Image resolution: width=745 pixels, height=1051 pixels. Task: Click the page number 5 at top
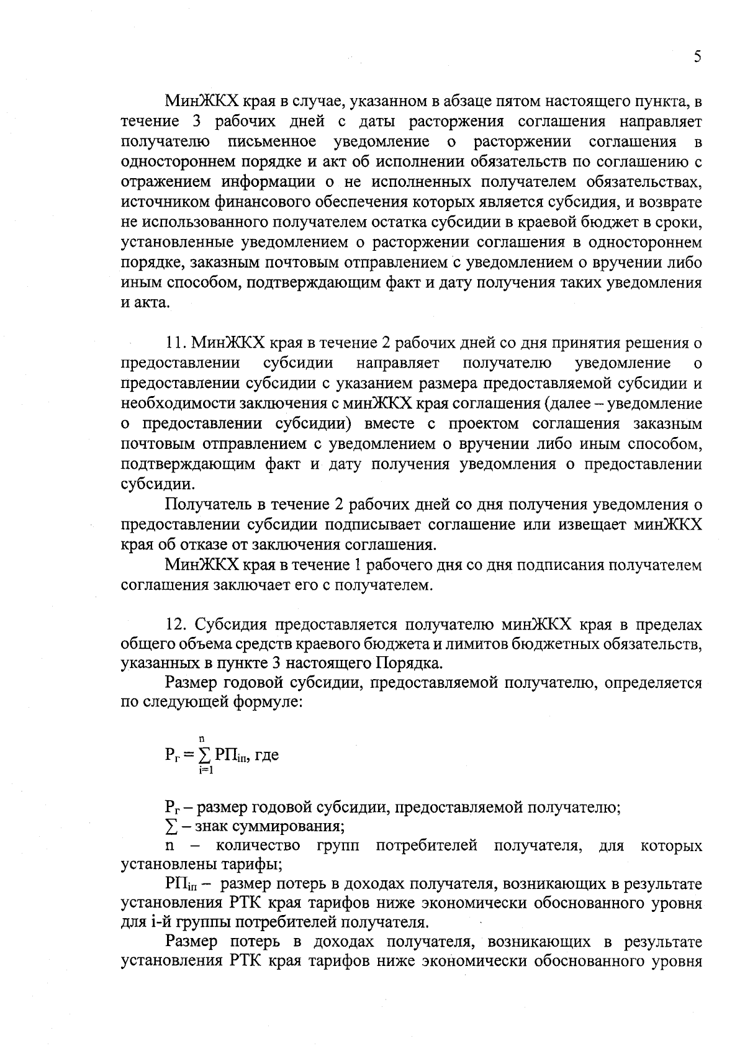coord(697,57)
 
